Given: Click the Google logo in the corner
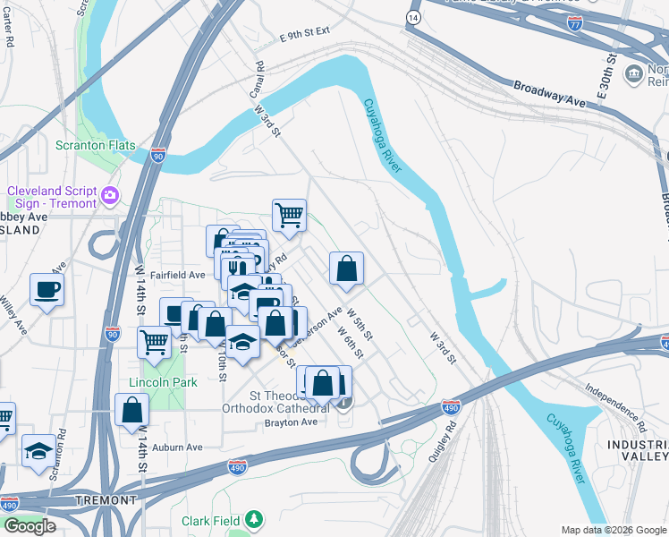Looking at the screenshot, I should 30,526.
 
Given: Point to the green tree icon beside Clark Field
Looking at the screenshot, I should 255,519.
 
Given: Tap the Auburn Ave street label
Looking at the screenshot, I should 182,447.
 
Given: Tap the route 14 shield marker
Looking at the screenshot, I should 412,18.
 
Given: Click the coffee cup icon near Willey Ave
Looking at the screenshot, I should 46,290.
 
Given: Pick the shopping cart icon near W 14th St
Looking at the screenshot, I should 155,342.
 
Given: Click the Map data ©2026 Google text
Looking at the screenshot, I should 613,529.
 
